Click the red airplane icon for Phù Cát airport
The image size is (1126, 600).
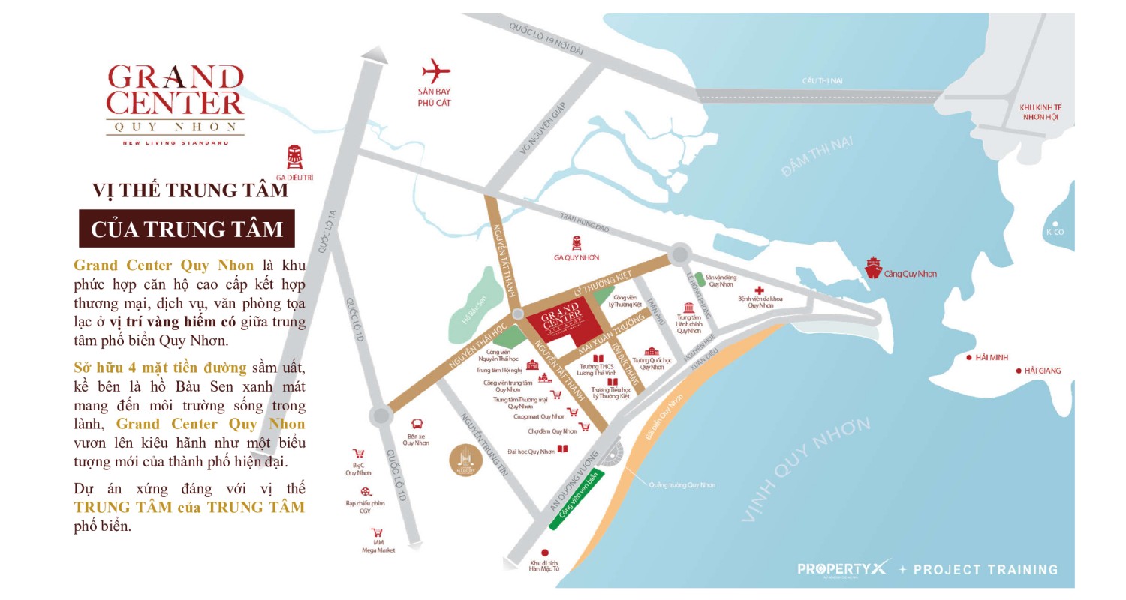click(435, 72)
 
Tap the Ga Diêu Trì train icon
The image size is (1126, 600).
click(295, 157)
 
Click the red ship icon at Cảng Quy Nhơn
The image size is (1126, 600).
click(873, 268)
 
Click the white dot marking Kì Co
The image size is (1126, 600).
click(1055, 223)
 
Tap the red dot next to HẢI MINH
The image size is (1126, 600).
click(969, 357)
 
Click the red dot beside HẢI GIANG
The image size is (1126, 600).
click(1019, 370)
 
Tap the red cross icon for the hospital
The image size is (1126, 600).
click(760, 290)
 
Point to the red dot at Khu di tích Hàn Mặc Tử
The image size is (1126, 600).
click(545, 553)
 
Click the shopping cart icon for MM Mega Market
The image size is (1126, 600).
click(377, 533)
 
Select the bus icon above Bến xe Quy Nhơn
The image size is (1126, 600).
click(417, 424)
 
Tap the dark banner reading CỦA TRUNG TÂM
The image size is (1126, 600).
click(187, 229)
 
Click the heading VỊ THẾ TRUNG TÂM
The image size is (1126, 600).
click(190, 190)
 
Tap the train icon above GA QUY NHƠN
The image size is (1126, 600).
click(577, 242)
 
